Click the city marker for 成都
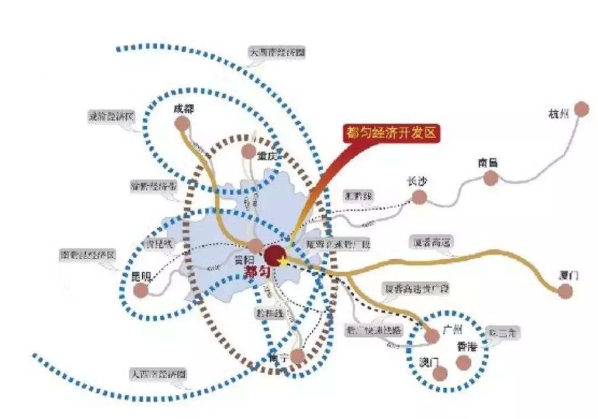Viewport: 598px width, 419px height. tap(182, 124)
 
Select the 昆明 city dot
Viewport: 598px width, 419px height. tap(142, 290)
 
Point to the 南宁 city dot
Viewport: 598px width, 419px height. tap(298, 356)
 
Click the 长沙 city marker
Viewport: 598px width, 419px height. tap(420, 197)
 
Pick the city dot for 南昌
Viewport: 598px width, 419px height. tap(491, 178)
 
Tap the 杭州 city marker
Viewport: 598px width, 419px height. tap(581, 109)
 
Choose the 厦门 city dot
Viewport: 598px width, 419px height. tap(565, 291)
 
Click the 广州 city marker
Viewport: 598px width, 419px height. tap(432, 335)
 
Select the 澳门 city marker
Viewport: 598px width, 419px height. tap(440, 374)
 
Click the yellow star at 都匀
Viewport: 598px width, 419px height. tap(283, 260)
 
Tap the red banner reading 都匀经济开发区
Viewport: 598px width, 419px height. tap(391, 133)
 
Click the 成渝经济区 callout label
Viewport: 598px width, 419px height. tap(111, 117)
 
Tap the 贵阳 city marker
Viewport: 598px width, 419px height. tap(255, 247)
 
